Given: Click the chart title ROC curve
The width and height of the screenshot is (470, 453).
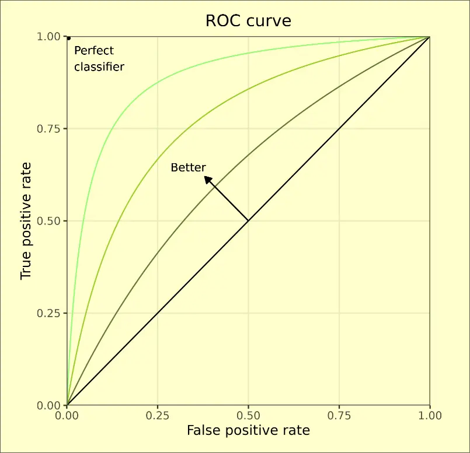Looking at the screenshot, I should point(248,22).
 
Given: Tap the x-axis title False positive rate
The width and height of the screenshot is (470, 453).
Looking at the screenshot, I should point(248,431).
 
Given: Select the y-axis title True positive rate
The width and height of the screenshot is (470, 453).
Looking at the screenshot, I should point(26,221).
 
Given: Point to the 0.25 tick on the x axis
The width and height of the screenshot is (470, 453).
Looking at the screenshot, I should point(158,416).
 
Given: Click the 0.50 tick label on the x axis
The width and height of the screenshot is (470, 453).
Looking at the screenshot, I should point(248,416).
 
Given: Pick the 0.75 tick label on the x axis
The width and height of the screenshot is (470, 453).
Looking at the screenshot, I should point(339,416).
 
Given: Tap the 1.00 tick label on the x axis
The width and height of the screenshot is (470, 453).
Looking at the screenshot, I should point(430,416).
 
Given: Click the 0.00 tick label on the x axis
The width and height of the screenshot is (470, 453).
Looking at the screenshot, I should point(67,416).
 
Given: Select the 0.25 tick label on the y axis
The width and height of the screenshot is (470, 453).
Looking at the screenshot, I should point(49,313).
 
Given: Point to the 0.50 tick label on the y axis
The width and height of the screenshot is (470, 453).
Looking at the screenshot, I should point(49,221).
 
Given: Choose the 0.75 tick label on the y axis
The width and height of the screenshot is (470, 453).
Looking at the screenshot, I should point(49,129).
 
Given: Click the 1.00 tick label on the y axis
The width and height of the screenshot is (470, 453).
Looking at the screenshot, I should point(49,37).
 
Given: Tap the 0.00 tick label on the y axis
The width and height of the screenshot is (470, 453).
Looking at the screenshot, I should point(49,405).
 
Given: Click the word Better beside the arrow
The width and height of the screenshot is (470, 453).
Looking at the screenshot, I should point(188,168).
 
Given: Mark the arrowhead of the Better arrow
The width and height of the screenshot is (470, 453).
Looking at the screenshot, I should point(207,180).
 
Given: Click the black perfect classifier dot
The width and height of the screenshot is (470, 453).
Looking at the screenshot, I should point(69,38).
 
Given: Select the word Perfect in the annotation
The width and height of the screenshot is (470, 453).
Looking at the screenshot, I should point(94,51).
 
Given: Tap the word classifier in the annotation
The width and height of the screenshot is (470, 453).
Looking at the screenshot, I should point(99,67).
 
